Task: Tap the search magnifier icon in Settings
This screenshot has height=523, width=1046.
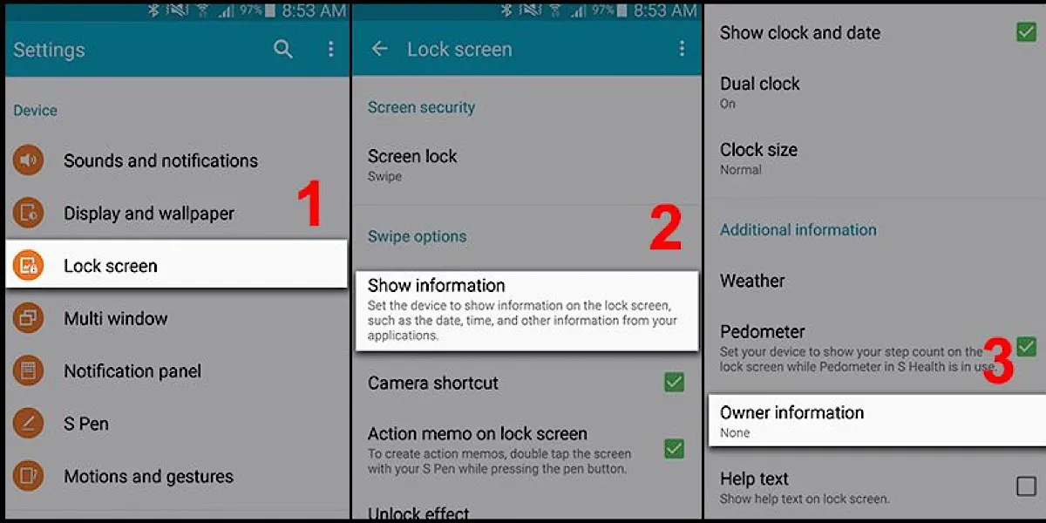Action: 283,50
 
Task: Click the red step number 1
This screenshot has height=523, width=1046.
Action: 309,207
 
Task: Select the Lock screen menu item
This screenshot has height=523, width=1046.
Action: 111,266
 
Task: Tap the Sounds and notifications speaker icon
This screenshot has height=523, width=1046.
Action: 28,160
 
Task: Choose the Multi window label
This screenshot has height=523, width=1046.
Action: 115,319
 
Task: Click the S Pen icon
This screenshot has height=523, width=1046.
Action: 28,424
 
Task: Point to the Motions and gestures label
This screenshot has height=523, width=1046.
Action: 148,477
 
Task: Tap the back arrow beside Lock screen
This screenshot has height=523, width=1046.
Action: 379,50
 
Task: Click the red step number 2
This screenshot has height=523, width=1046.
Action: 665,228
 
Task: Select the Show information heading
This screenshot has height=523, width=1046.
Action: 437,286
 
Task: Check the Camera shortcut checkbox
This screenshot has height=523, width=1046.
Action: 674,382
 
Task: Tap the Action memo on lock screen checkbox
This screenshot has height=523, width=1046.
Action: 674,448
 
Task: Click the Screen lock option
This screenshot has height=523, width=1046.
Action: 412,157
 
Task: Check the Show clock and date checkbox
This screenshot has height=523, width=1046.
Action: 1026,32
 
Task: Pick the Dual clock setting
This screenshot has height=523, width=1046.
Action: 760,85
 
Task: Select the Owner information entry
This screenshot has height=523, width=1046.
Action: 791,413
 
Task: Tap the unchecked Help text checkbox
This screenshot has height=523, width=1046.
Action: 1026,486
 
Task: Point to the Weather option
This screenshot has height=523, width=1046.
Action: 752,281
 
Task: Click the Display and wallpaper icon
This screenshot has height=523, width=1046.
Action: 28,213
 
